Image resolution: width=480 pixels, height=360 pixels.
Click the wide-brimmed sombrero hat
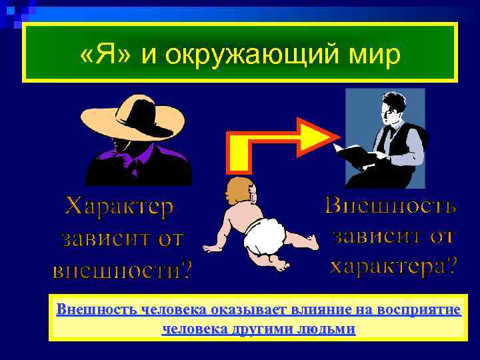point(141,117)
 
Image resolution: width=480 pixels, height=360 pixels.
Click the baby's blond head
point(237,189)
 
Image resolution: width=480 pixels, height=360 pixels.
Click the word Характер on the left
point(119,207)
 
